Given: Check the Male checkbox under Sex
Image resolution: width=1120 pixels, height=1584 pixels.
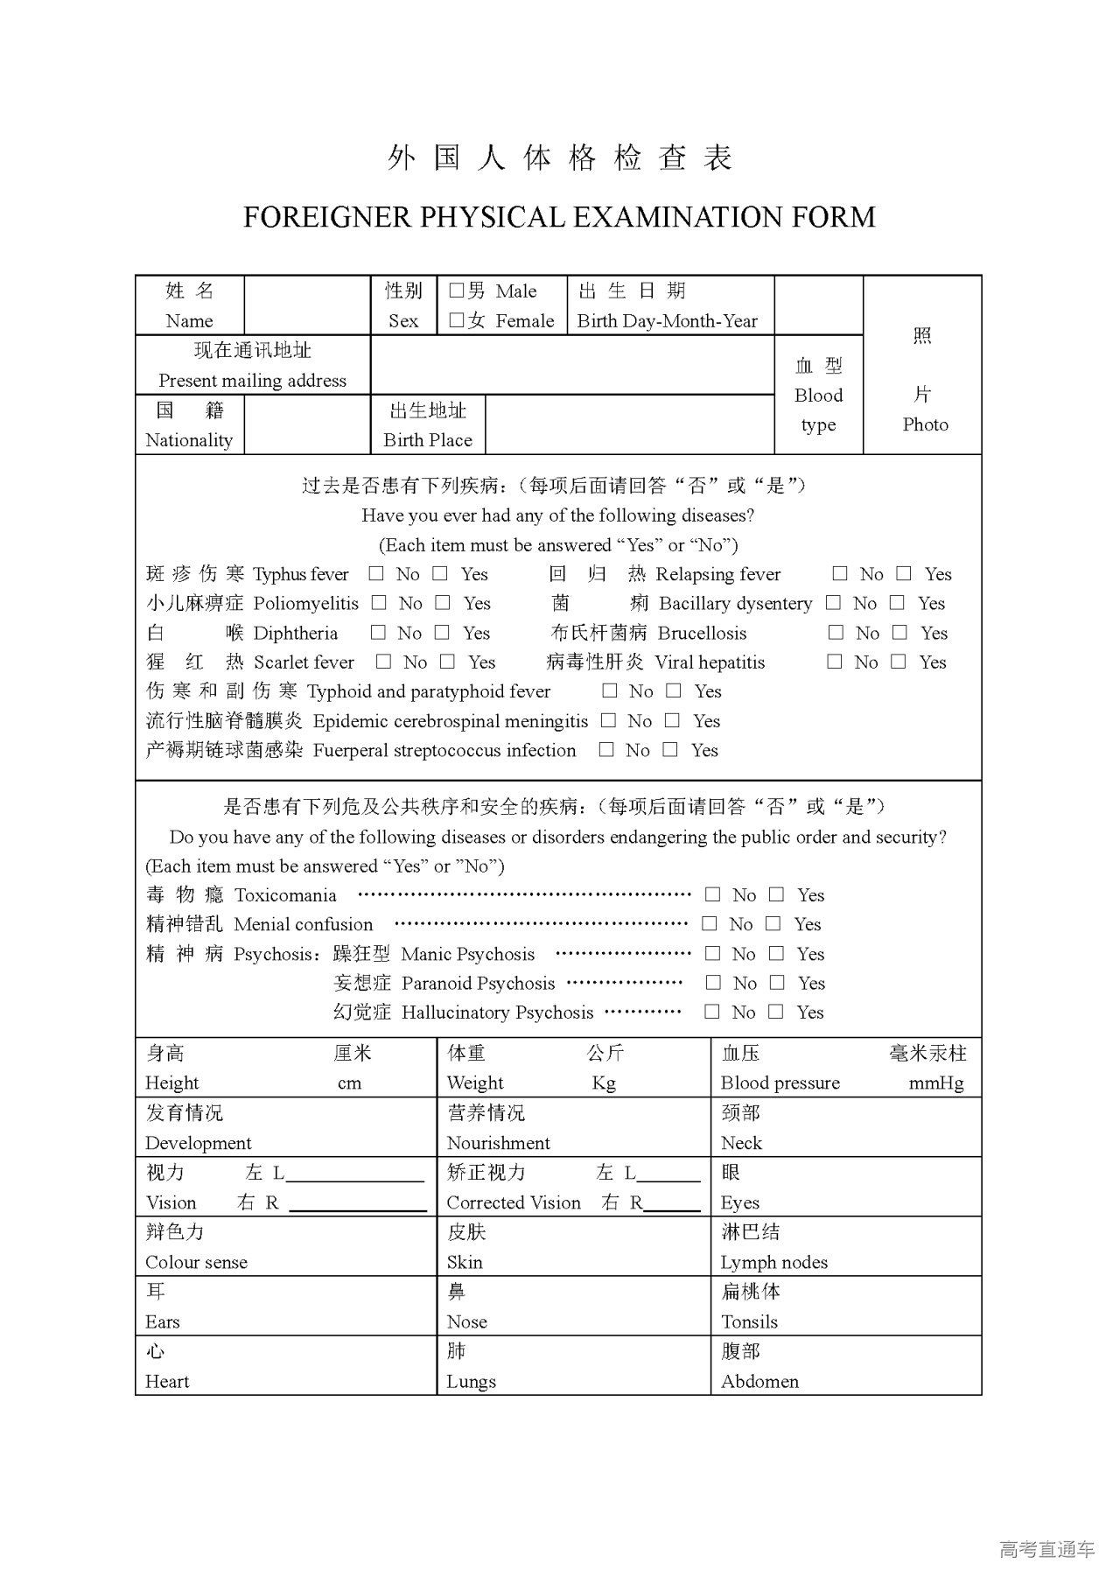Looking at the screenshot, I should point(456,291).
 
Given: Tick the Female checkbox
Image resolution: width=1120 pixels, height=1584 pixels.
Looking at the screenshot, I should point(456,320).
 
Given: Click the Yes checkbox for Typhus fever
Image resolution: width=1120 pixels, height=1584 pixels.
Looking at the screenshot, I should point(441,573).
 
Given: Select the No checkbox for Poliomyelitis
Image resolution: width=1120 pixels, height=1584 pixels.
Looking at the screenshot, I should point(379,602).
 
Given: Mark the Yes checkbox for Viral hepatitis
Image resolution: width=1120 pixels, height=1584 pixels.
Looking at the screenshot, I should point(898,662).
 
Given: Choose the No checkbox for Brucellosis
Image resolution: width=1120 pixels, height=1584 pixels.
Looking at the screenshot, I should point(836,632).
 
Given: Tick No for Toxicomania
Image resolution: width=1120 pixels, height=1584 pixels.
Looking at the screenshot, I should point(713,894).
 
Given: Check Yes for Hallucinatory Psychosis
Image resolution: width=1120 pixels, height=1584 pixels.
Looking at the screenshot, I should point(775,1012).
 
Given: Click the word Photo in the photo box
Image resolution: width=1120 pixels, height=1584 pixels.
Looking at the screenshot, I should point(925,424).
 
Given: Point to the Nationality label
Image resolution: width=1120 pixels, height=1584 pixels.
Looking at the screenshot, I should point(189,440).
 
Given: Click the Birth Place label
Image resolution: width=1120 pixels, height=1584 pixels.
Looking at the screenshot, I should point(427,440).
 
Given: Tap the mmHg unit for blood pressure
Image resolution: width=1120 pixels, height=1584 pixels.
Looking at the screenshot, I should point(936,1083).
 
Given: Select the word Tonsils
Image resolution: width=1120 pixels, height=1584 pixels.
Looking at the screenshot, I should point(749,1321).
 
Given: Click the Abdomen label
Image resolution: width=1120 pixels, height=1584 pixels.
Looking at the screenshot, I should point(759,1381).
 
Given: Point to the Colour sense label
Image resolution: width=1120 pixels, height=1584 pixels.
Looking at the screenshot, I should point(196,1262).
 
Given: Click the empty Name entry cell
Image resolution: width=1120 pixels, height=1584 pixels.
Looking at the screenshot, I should point(307,305).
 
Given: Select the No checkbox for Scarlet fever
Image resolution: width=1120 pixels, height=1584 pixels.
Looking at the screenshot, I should point(383,662).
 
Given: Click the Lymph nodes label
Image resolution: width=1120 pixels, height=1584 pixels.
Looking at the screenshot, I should point(773,1262).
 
